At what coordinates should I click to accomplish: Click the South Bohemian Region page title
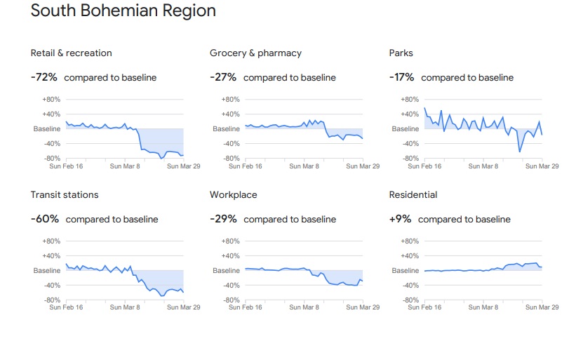pos(123,11)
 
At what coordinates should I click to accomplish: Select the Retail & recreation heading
pos(71,53)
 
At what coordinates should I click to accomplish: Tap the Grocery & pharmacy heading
pos(255,53)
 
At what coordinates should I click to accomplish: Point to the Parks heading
pos(401,53)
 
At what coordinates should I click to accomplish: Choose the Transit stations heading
pos(65,195)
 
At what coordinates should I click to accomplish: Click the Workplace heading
pos(233,195)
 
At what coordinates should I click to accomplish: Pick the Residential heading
pos(413,195)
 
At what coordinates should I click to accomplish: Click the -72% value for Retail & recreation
pos(44,77)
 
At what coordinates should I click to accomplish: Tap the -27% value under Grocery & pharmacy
pos(223,77)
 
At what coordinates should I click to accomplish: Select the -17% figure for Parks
pos(401,77)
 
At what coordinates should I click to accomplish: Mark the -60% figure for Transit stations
pos(45,219)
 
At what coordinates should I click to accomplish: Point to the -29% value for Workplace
pos(223,219)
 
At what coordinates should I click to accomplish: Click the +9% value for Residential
pos(400,219)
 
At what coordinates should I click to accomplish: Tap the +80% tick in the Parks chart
pos(410,100)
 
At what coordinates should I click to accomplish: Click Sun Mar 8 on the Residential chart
pos(484,307)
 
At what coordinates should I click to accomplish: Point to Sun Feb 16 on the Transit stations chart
pos(66,307)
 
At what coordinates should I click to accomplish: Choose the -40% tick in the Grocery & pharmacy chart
pos(231,144)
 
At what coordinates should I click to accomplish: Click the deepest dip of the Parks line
pos(520,151)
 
